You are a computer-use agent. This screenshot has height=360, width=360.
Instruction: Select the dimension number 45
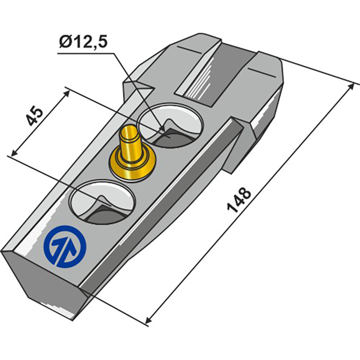click(x=34, y=117)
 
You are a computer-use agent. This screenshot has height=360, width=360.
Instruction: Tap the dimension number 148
click(x=239, y=200)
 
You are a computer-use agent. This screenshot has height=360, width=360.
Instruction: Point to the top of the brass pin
click(x=130, y=131)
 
